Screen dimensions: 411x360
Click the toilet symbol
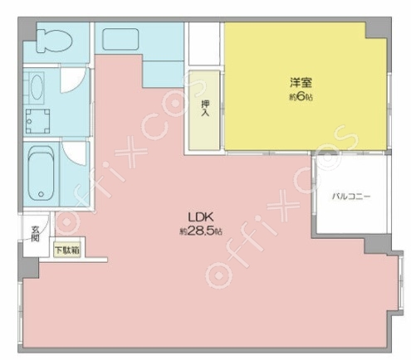click(54, 41)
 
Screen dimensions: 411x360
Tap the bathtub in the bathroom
click(41, 173)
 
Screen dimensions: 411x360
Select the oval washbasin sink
click(37, 85)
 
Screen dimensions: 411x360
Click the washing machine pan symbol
click(38, 121)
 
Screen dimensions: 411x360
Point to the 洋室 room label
click(301, 83)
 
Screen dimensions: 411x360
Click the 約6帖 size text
click(301, 97)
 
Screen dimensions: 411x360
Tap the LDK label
click(201, 217)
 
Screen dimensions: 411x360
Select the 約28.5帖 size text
click(201, 231)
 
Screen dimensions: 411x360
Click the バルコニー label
click(351, 197)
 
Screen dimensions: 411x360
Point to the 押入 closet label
click(205, 108)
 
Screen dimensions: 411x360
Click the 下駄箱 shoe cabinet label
click(67, 251)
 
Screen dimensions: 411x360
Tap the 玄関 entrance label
click(35, 234)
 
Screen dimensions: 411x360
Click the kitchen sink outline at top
click(120, 39)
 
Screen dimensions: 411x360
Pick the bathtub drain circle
click(42, 194)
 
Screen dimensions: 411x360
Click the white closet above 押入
click(204, 44)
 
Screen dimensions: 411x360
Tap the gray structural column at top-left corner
click(27, 30)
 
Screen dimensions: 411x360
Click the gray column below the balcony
click(377, 246)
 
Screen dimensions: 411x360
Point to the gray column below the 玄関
click(29, 268)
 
